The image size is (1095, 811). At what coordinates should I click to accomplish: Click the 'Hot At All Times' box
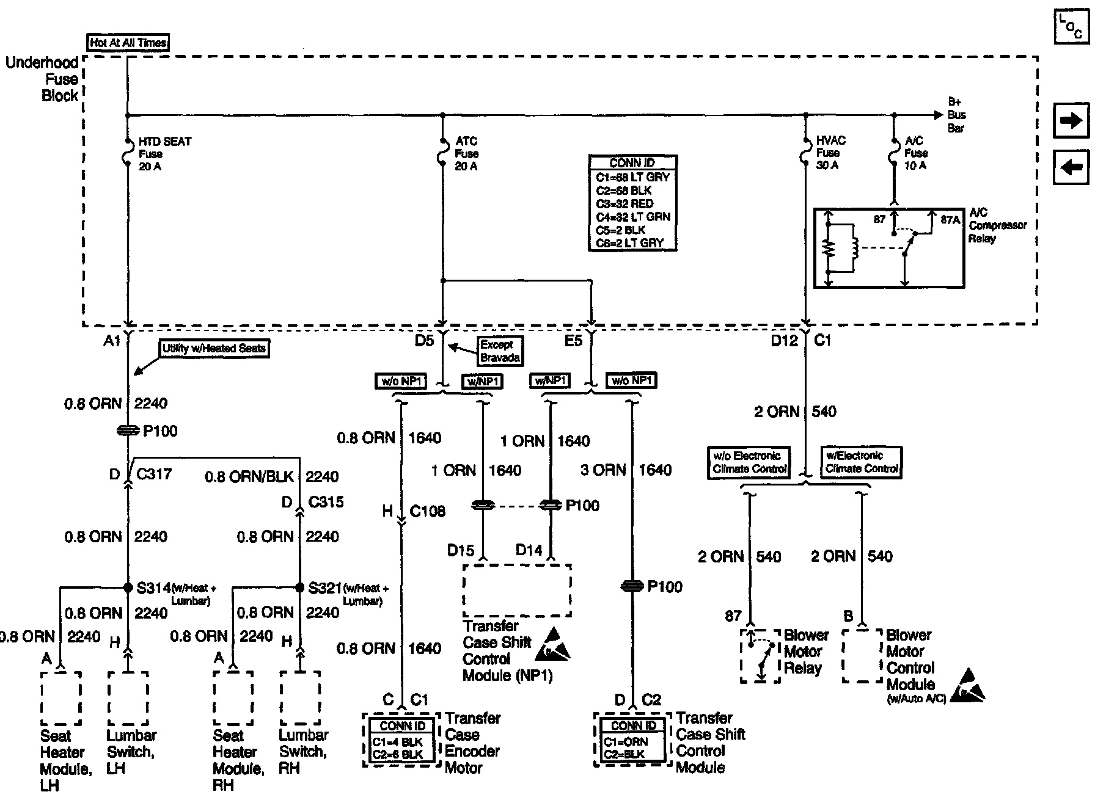click(x=128, y=43)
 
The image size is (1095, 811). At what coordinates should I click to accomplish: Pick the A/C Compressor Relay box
click(x=889, y=247)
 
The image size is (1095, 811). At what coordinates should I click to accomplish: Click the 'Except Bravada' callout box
click(x=500, y=351)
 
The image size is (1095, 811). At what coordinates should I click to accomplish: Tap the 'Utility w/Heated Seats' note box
click(x=214, y=349)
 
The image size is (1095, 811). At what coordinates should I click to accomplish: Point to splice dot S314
click(x=128, y=587)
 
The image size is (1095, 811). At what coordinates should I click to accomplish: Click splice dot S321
click(x=299, y=587)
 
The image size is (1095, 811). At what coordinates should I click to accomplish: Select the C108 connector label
click(x=427, y=511)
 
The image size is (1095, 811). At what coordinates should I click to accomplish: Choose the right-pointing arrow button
click(x=1071, y=120)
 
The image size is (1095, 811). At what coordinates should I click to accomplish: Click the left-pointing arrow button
click(x=1071, y=166)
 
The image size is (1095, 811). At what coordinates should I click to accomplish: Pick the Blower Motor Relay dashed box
click(x=760, y=656)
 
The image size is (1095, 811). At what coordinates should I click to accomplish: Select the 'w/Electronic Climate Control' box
click(x=862, y=462)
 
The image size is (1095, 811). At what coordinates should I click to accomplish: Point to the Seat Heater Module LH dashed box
click(x=61, y=698)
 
